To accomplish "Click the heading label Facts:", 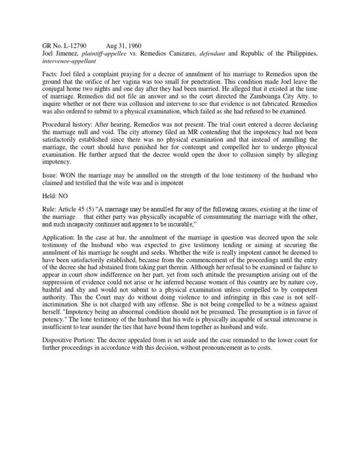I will tap(45, 75).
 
